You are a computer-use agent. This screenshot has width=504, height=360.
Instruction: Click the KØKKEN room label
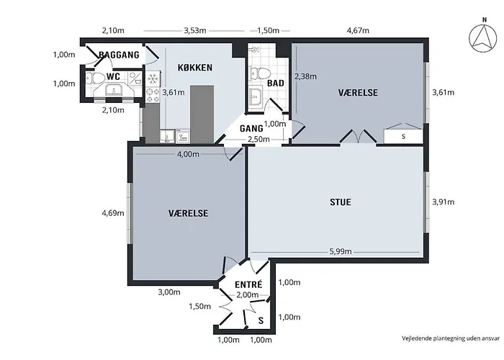click(194, 68)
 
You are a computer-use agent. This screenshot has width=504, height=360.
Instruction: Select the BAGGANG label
click(119, 55)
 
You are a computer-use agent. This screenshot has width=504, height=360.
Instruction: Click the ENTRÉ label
click(248, 284)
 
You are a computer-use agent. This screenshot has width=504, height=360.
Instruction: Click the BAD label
click(275, 84)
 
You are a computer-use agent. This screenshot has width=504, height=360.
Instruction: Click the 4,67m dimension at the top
click(358, 31)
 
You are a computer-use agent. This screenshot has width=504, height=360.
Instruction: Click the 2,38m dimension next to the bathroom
click(306, 76)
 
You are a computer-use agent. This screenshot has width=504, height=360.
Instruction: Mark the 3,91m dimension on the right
click(443, 202)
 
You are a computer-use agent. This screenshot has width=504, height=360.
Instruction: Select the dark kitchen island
click(202, 112)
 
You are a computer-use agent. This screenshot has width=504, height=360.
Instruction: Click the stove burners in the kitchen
click(153, 92)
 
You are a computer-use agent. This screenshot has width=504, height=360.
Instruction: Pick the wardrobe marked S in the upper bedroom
click(403, 136)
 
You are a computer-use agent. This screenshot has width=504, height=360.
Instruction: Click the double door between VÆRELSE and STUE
click(358, 137)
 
